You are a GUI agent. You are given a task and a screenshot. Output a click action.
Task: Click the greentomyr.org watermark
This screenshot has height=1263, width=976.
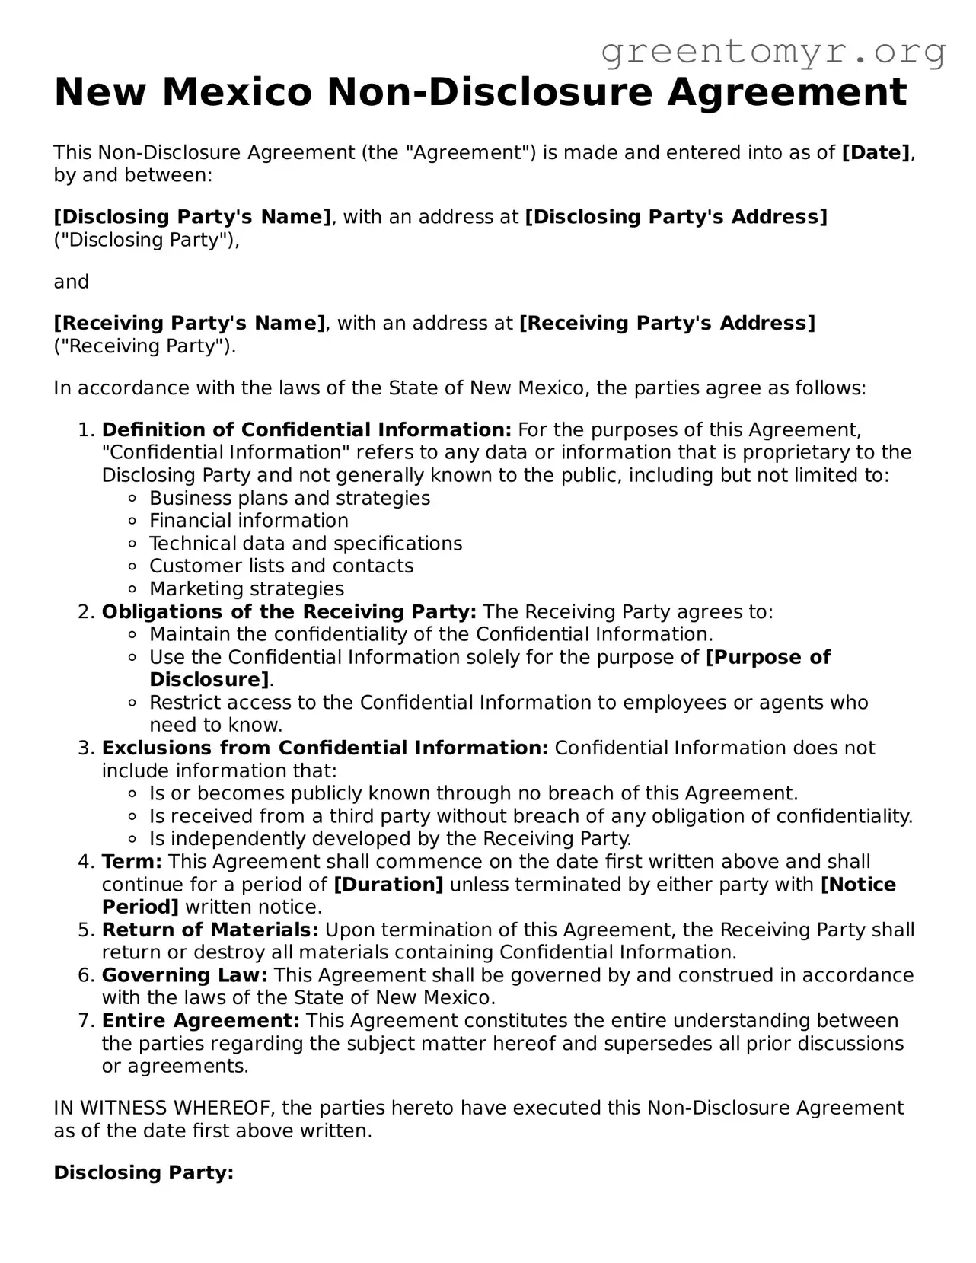pos(773,52)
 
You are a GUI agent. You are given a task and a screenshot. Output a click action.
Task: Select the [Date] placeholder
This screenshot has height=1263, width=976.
pos(876,153)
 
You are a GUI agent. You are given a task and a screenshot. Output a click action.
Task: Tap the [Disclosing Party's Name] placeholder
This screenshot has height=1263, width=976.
pos(192,217)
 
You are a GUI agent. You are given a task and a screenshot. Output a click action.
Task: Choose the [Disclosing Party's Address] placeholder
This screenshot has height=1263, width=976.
pos(676,217)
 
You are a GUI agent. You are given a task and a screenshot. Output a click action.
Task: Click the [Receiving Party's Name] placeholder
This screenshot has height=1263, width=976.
pos(189,324)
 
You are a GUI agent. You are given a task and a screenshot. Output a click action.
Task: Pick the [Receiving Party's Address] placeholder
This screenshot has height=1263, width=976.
pos(667,324)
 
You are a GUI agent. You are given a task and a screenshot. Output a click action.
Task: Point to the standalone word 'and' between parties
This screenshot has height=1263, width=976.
pos(71,282)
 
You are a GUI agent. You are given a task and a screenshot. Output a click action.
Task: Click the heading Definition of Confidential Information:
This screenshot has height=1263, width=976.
pos(307,430)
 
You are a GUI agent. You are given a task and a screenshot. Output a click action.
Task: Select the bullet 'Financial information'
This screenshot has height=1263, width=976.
pos(248,521)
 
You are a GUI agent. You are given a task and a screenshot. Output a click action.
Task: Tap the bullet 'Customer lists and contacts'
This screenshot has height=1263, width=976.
pos(281,566)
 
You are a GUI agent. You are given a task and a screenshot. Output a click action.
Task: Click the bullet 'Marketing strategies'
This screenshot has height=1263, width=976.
pos(247,589)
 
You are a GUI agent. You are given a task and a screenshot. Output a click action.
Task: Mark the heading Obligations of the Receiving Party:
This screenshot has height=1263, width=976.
pos(289,612)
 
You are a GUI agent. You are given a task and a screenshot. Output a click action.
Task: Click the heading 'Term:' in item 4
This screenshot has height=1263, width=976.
pos(132,862)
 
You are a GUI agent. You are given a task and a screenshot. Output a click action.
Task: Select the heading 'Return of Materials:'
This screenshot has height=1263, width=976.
pos(210,930)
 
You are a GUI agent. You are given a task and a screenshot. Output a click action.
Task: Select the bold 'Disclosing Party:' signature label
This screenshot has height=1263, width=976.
pos(143,1173)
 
